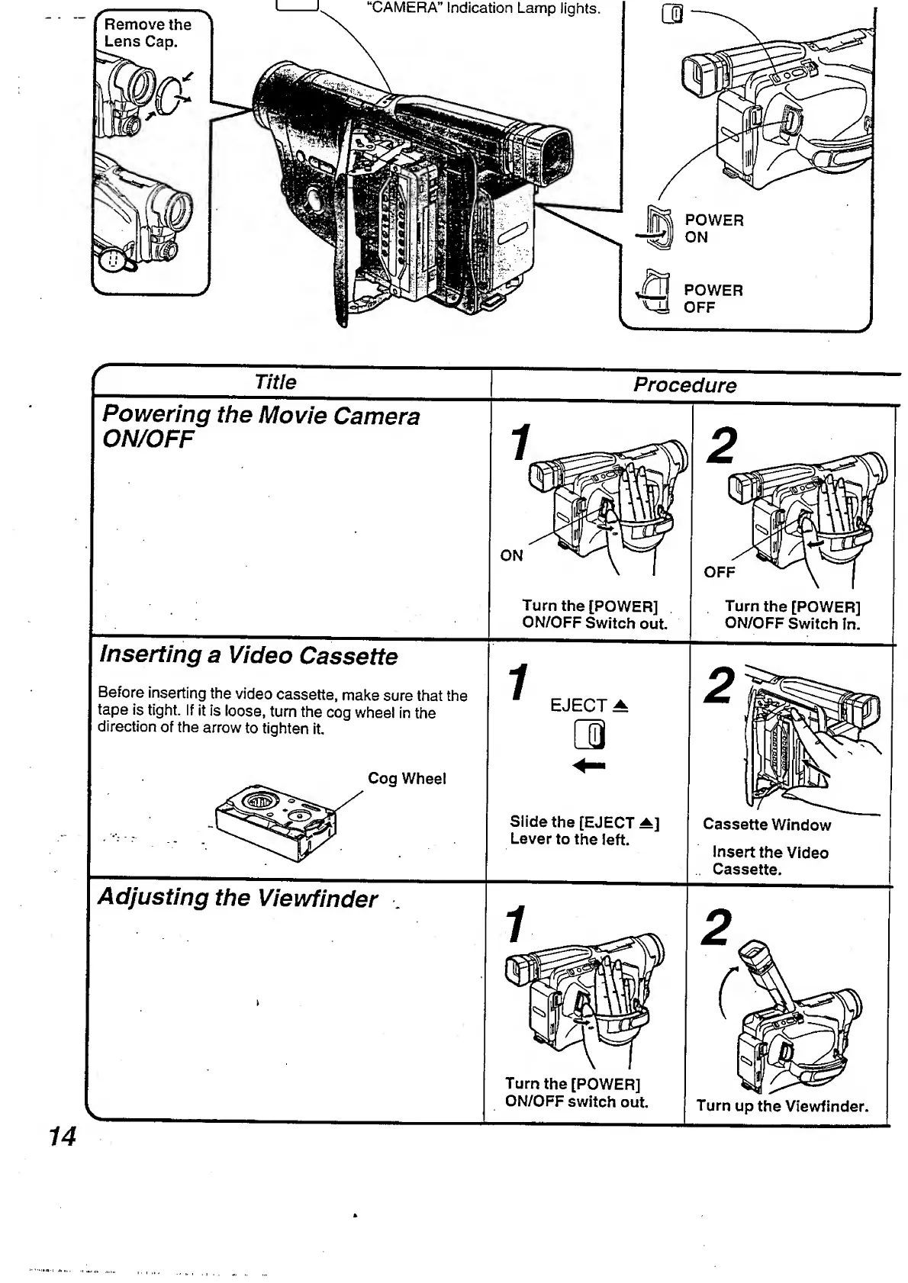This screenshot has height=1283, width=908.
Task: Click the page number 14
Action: coord(63,1137)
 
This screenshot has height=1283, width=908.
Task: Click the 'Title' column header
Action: coord(275,382)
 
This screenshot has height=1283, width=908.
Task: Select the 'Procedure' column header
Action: coord(684,385)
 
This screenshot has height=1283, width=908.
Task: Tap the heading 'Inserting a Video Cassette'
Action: coord(249,656)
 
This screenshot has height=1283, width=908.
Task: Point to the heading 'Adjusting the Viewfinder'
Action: coord(237,898)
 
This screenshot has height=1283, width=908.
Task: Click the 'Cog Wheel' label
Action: coord(407,779)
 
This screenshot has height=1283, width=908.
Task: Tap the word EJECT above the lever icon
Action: coord(578,706)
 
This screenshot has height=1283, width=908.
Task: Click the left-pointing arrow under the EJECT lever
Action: coord(589,765)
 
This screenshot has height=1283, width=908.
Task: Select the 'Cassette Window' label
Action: coord(766,825)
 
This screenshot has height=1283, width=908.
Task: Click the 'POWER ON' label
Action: coord(713,229)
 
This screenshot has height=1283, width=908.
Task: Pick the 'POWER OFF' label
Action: coord(713,299)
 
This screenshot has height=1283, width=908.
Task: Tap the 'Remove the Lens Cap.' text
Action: coord(147,33)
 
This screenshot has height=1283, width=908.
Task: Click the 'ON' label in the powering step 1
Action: coord(511,556)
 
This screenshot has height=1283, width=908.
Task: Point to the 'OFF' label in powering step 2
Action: coord(719,572)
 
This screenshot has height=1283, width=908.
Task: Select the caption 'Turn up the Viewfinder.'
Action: coord(782,1106)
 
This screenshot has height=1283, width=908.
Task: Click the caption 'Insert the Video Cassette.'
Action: coord(769,861)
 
